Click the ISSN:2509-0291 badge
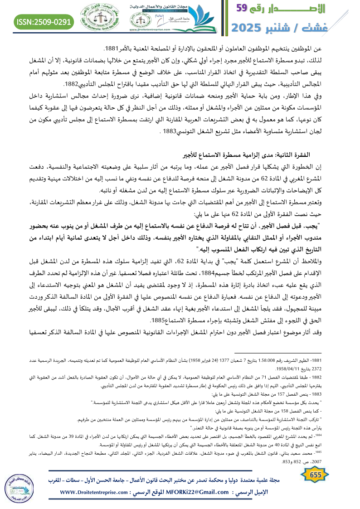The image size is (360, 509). tap(44, 21)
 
